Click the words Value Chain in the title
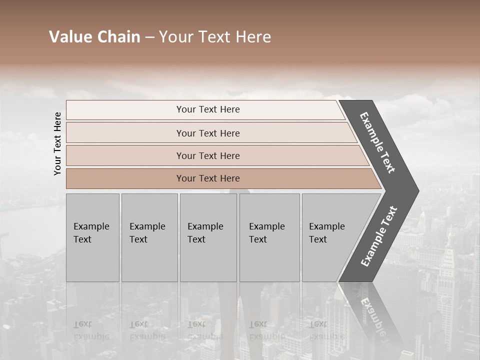(x=94, y=37)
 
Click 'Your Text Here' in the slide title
(x=215, y=37)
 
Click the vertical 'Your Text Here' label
(x=57, y=143)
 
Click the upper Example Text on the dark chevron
(x=377, y=142)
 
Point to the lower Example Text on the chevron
(x=378, y=236)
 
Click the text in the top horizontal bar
(x=208, y=109)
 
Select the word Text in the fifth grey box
(x=318, y=239)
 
